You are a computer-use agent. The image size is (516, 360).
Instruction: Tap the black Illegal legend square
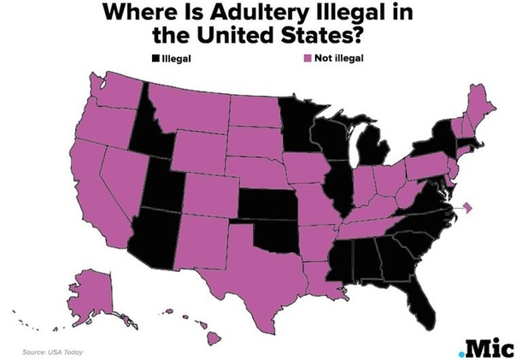coord(155,58)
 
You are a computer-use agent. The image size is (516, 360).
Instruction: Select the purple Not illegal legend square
coord(307,58)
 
